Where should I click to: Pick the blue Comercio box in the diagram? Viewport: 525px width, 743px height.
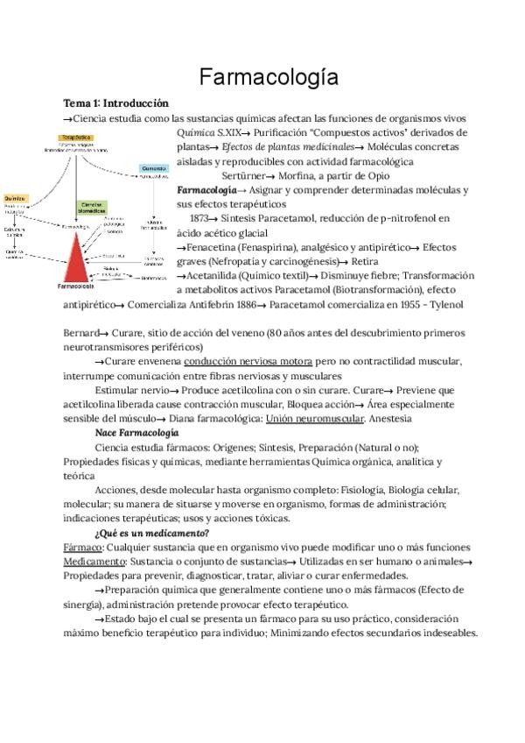pos(153,167)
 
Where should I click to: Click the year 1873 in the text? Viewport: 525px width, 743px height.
pos(199,217)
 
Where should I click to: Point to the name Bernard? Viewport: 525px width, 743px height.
pos(84,333)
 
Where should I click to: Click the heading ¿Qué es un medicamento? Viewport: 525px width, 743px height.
pos(151,532)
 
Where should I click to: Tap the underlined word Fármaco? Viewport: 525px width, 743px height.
pos(83,547)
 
